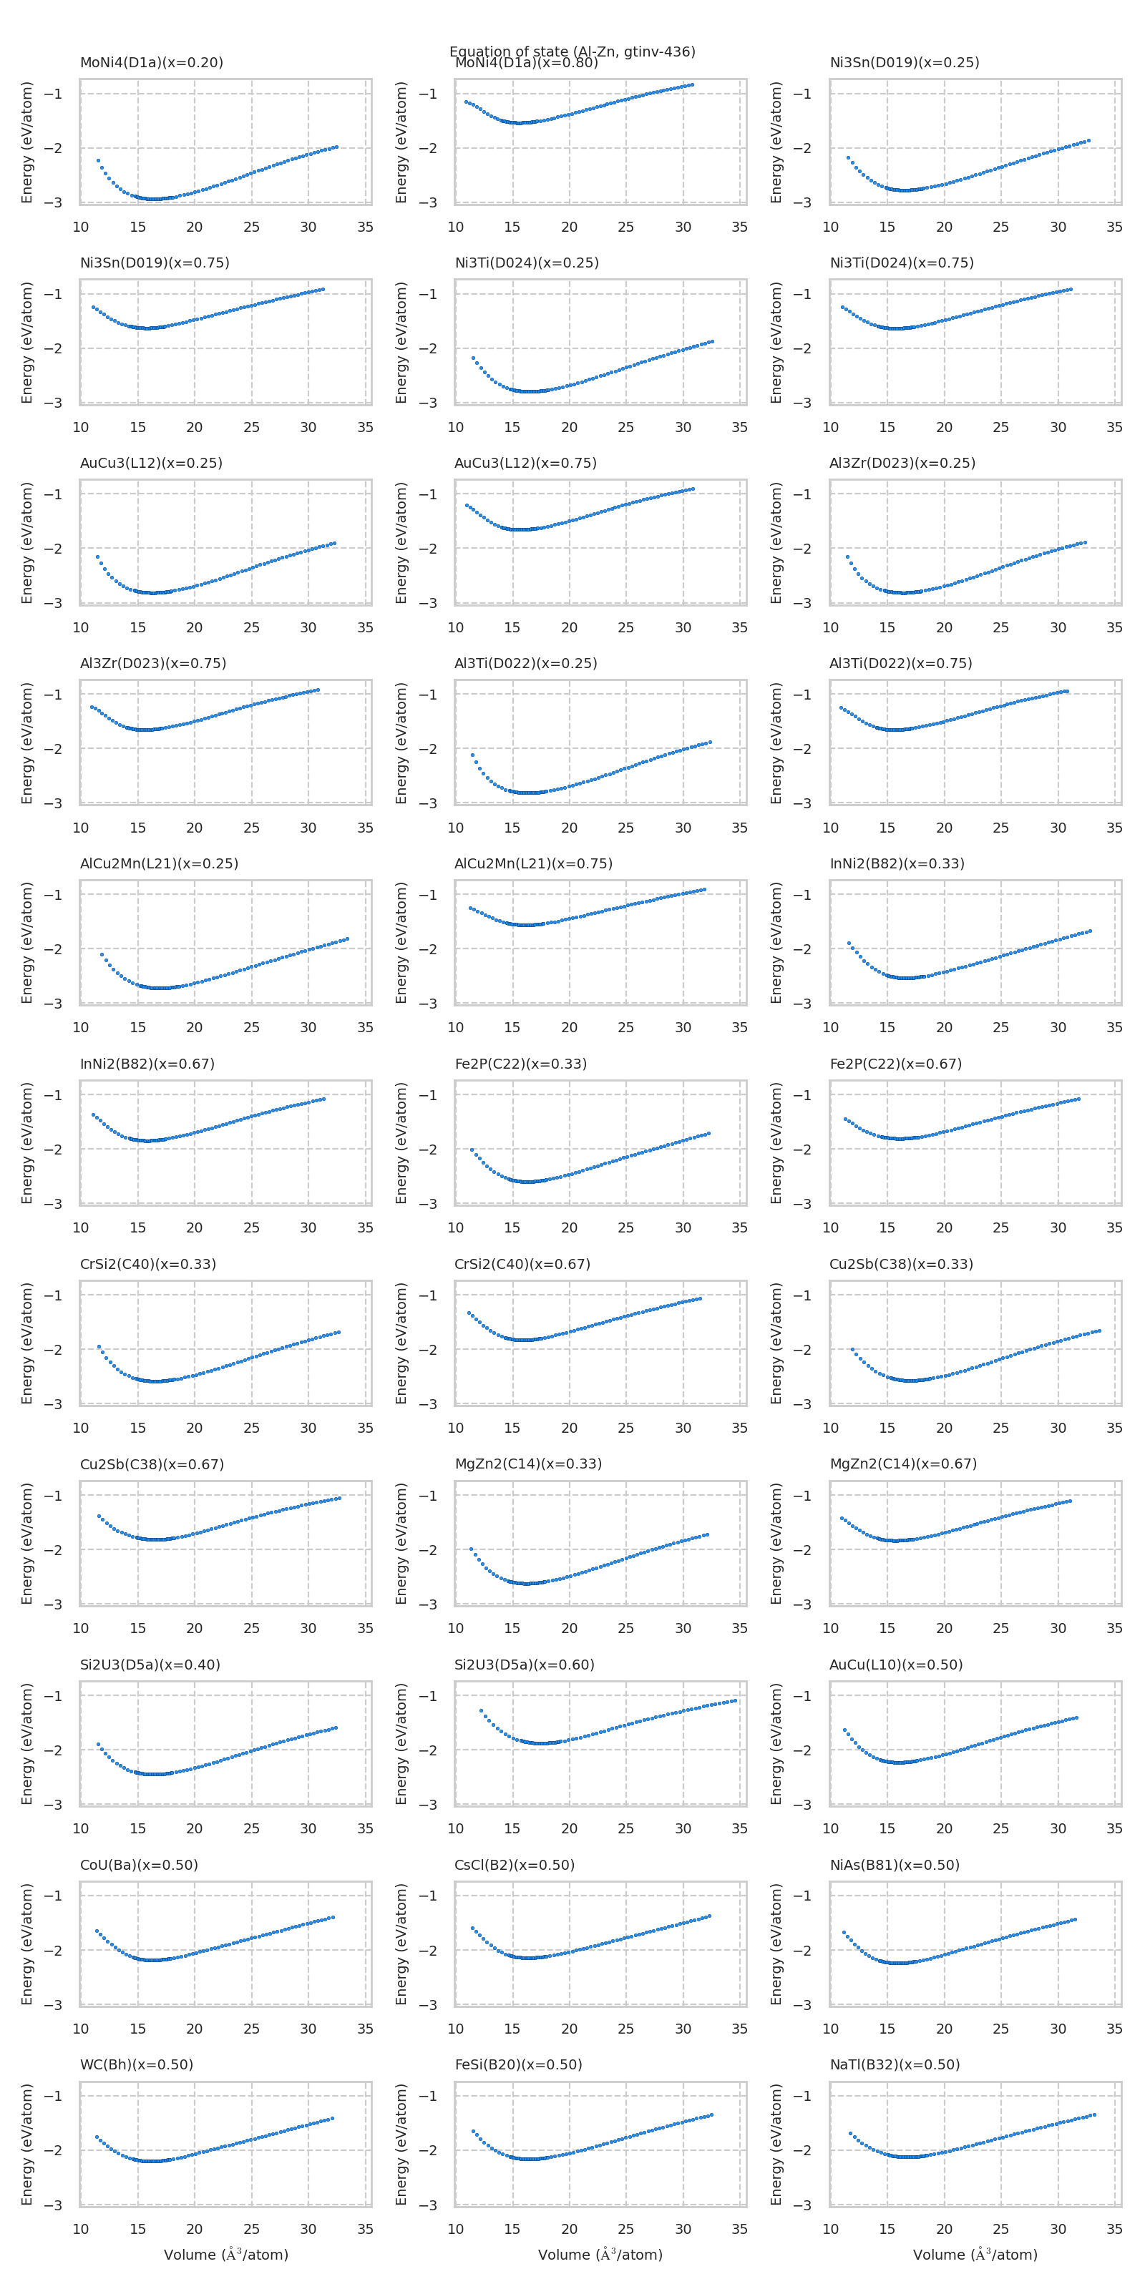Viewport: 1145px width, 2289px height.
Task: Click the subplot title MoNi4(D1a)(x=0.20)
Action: coord(151,62)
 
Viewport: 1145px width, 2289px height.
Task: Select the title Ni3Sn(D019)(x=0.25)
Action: coord(904,62)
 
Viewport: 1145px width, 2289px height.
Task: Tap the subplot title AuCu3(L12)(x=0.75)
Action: coord(525,463)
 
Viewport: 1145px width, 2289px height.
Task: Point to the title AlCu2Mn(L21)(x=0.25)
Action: coord(159,863)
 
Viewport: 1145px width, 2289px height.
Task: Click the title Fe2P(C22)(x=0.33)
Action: coord(521,1064)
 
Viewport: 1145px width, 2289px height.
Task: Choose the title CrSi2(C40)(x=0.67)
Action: coord(522,1263)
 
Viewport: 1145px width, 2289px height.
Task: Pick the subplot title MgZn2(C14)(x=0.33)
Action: coord(528,1464)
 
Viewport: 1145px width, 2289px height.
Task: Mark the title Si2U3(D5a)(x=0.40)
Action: coord(150,1665)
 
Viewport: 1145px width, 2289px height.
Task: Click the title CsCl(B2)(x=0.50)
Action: coord(515,1864)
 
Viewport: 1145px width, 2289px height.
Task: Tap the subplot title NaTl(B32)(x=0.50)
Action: coord(895,2064)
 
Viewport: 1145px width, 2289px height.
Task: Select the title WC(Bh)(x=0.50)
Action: coord(137,2064)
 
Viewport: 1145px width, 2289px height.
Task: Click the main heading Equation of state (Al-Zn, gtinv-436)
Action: coord(572,51)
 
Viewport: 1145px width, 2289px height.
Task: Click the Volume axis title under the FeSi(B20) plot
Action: coord(600,2255)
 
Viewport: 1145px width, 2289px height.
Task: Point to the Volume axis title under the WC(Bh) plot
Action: coord(226,2255)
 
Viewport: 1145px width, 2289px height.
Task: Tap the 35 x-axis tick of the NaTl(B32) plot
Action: coord(1114,2229)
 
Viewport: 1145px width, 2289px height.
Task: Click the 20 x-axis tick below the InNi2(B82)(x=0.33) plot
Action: coord(944,1027)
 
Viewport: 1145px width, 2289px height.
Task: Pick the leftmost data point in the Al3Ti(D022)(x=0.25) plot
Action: coord(472,755)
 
